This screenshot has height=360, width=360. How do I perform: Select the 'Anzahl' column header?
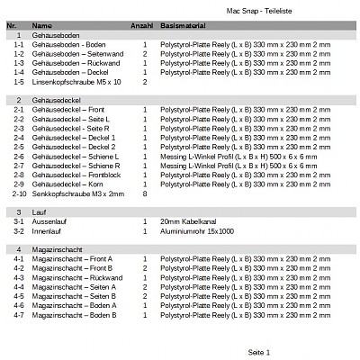coord(142,26)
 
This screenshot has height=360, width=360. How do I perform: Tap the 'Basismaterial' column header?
coord(184,26)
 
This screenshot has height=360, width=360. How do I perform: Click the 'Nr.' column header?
coord(11,26)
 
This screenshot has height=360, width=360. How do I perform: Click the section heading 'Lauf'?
coord(38,210)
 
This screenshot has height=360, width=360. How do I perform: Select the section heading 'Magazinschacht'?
coord(55,247)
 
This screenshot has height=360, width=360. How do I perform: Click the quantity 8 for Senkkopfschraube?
coord(145,193)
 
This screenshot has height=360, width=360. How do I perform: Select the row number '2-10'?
coord(19,193)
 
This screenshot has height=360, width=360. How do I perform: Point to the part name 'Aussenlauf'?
coord(48,220)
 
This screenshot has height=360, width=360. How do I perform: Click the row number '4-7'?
coord(18,315)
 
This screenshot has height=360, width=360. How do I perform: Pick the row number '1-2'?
coord(18,54)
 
